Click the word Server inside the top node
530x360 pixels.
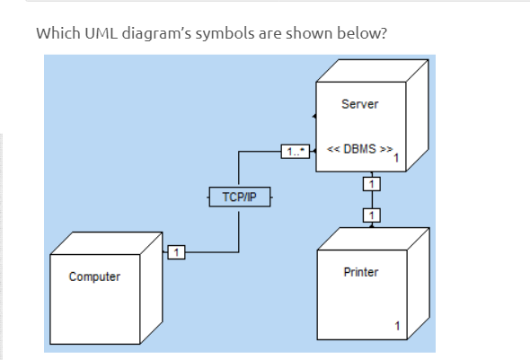tap(359, 104)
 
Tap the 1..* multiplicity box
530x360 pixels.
tap(294, 152)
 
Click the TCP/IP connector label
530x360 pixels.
tap(232, 195)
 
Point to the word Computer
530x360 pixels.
tap(94, 277)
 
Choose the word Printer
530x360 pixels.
tap(361, 271)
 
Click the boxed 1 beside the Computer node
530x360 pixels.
tap(176, 251)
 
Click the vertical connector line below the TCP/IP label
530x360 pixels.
tap(238, 229)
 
